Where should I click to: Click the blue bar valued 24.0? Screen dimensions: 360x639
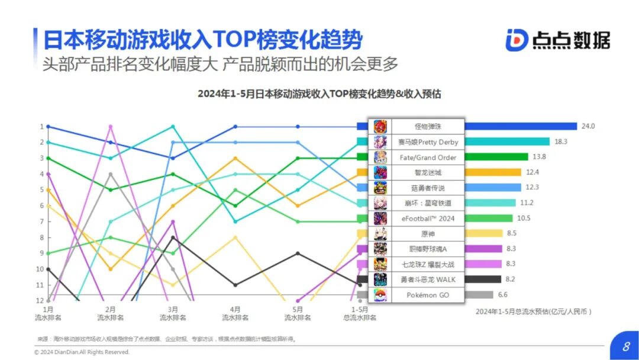(521, 126)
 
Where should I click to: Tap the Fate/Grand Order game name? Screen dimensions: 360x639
(424, 157)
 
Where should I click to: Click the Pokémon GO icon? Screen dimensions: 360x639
(380, 295)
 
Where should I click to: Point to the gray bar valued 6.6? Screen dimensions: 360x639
(479, 295)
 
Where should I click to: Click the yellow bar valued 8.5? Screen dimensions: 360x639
(485, 233)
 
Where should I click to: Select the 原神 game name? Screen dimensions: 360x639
(424, 234)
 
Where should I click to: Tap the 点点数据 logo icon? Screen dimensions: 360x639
(517, 40)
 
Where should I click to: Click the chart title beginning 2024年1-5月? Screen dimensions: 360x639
(319, 94)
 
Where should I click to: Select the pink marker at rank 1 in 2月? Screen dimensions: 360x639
(111, 126)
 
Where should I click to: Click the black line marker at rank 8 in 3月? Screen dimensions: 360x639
(173, 237)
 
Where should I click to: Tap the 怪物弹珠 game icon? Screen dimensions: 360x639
(380, 127)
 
